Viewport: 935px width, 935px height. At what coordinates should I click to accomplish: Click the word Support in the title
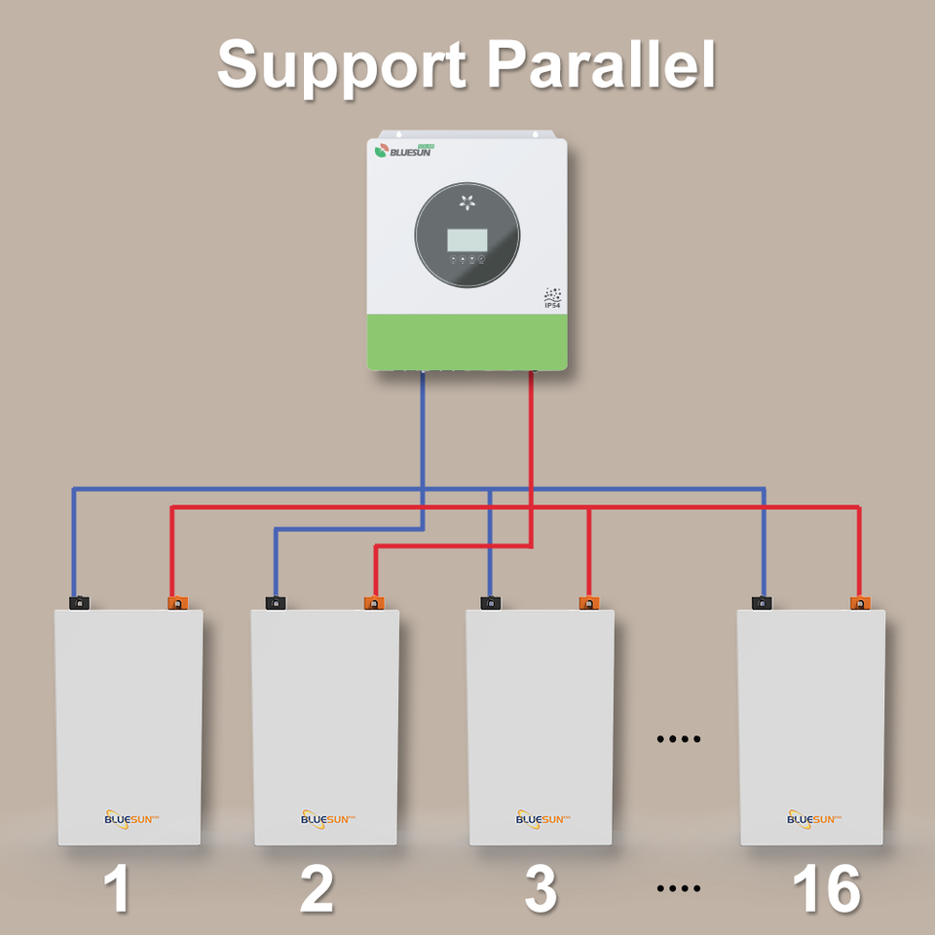coord(341,67)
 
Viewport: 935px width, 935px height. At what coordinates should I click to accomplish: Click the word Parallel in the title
coord(601,64)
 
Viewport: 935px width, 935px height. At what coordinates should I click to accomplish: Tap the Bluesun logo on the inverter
coord(403,151)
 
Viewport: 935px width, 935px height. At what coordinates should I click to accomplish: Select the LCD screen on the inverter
coord(467,240)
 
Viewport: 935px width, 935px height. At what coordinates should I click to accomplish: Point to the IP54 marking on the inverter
coord(552,298)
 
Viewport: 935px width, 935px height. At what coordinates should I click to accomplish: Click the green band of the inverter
coord(467,342)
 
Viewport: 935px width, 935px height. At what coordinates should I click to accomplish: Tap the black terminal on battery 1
coord(79,603)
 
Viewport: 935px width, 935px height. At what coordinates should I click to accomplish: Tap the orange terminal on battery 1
coord(177,603)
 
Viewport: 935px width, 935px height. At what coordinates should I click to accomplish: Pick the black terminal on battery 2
coord(276,603)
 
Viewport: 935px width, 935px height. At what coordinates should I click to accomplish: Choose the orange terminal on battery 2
coord(374,603)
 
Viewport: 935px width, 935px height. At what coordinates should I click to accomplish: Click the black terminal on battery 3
coord(491,603)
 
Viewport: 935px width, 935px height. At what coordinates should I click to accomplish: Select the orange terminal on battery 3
coord(589,603)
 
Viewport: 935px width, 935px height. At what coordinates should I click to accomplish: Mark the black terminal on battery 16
coord(762,603)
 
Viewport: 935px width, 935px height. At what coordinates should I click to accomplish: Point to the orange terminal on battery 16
coord(860,603)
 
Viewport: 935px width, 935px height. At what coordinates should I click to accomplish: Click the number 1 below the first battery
coord(117,888)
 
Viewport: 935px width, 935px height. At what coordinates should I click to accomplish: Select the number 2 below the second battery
coord(317,888)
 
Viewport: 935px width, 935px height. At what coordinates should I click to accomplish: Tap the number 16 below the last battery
coord(827,888)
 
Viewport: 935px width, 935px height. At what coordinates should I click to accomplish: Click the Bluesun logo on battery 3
coord(542,819)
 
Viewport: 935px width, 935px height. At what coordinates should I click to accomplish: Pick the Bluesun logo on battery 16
coord(814,819)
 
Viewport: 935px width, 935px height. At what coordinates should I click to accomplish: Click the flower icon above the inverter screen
coord(467,203)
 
